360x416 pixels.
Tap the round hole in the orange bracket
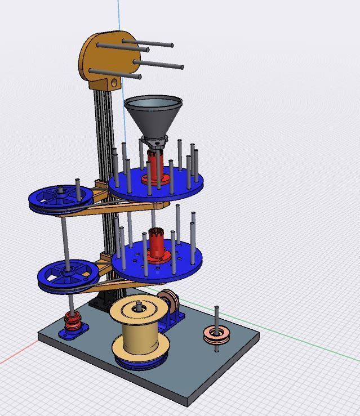pos(114,83)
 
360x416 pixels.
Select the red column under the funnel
pos(156,166)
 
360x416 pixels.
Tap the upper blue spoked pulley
pos(61,198)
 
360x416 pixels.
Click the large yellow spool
pos(139,332)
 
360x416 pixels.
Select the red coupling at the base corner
pos(72,321)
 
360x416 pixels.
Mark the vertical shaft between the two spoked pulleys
pos(66,236)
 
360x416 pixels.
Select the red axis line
pos(17,358)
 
